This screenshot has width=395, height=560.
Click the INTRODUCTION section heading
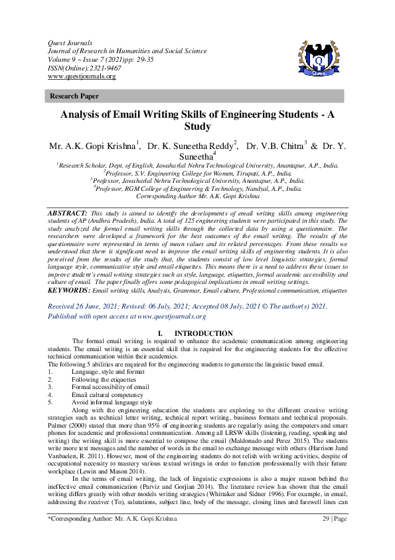[x=202, y=333]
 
